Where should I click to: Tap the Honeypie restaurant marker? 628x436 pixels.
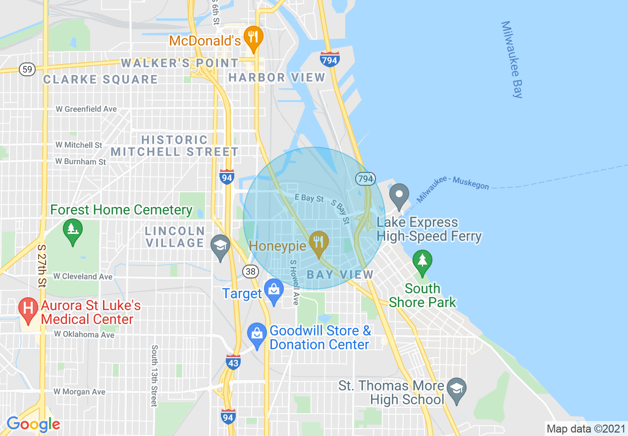(x=318, y=243)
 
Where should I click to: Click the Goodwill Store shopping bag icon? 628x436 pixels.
(x=257, y=333)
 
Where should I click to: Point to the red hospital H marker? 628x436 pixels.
(x=29, y=308)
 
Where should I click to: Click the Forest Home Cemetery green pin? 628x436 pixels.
(x=73, y=230)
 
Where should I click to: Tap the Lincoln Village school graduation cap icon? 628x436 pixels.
(x=220, y=245)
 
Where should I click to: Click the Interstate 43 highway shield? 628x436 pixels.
(x=233, y=362)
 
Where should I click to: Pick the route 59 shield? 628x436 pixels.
(x=27, y=69)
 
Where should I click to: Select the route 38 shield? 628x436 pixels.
(x=251, y=271)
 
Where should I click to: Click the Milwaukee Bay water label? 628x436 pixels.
(x=512, y=59)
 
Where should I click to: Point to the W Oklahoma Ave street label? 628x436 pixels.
(x=84, y=334)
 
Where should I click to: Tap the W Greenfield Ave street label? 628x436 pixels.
(x=86, y=109)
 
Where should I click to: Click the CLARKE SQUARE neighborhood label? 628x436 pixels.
(x=101, y=79)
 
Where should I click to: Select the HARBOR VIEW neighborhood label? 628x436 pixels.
(x=276, y=77)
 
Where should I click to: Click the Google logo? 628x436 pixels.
(x=33, y=424)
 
